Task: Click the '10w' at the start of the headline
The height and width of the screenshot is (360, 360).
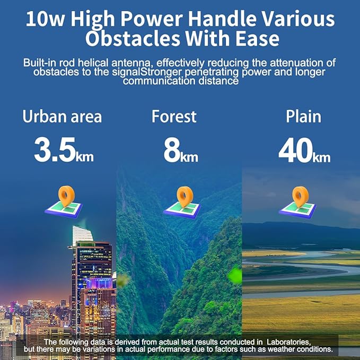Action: (x=46, y=20)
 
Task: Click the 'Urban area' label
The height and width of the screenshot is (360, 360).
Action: (x=62, y=117)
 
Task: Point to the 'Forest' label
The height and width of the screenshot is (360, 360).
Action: (x=174, y=117)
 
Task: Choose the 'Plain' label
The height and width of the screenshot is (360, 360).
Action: (x=303, y=117)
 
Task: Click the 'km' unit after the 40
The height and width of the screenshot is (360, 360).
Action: (x=321, y=157)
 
